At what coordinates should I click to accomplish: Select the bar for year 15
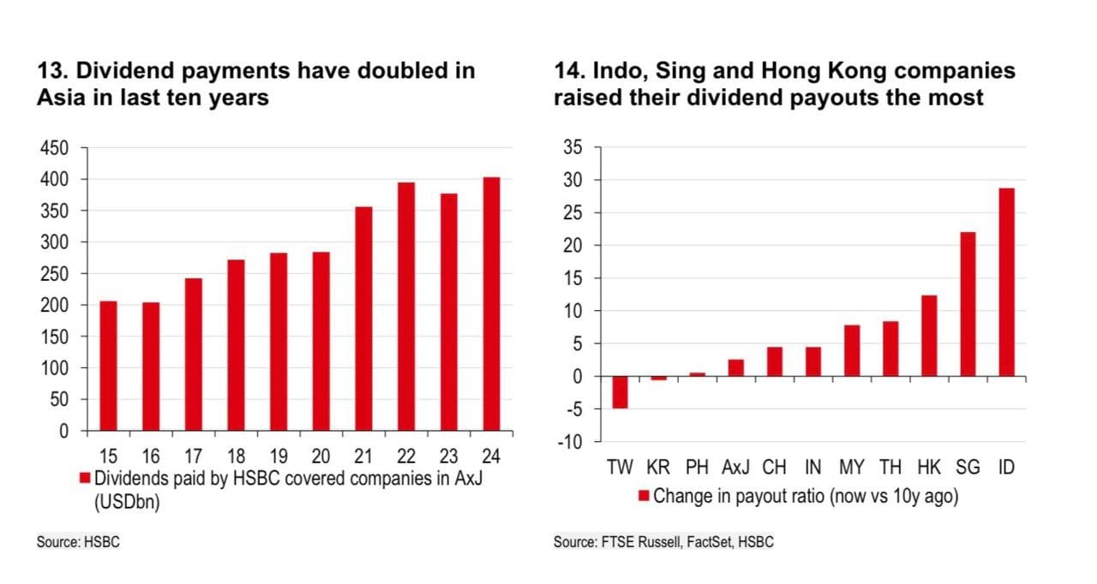108,366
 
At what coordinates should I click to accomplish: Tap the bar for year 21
363,319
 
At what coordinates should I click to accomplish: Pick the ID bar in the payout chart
1006,283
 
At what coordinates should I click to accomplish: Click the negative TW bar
620,393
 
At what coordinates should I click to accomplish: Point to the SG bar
968,304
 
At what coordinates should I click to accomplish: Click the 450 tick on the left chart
53,148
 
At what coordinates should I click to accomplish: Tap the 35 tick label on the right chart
572,148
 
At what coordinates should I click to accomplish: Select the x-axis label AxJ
735,468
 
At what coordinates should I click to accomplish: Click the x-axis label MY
852,468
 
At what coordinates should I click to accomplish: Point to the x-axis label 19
279,456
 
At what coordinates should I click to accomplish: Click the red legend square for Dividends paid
85,478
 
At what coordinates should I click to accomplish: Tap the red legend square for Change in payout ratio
644,495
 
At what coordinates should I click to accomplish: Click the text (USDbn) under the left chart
128,502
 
